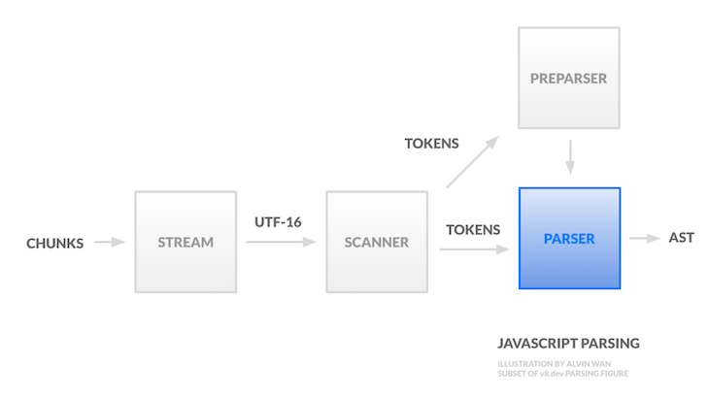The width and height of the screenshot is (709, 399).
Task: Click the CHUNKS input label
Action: point(54,243)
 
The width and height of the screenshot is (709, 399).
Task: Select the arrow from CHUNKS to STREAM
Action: point(110,242)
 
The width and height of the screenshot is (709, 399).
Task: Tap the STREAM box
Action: point(185,242)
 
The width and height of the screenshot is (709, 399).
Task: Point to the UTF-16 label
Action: point(278,222)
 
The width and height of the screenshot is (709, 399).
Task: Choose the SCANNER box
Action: point(376,242)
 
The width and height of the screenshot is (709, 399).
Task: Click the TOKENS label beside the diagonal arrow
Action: point(432,144)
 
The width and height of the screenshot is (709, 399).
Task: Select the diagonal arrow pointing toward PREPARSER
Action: point(472,161)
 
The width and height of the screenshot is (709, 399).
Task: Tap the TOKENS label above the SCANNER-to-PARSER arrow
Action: point(473,230)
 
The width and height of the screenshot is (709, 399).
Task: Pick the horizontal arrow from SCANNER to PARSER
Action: point(474,249)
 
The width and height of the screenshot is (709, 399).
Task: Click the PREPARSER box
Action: point(568,78)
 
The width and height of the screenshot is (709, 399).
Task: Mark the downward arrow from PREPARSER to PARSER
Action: point(570,155)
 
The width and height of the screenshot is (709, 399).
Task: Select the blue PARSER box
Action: point(569,238)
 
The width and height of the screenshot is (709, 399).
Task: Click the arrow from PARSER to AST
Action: point(644,238)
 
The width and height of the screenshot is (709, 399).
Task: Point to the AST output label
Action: point(682,238)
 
